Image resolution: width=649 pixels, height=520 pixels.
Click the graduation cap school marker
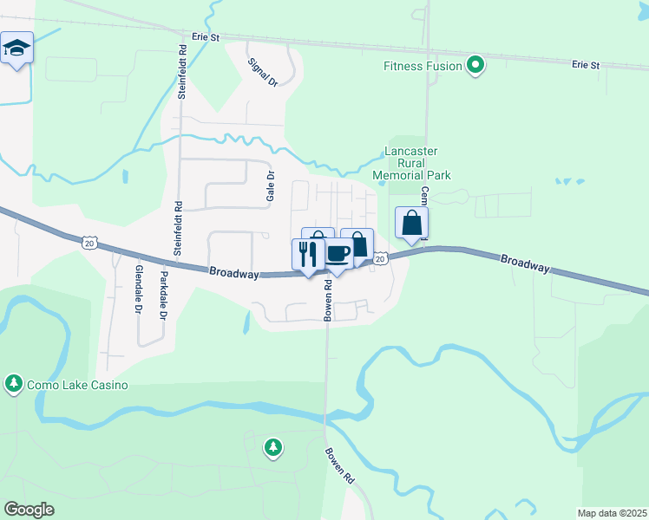pos(16,48)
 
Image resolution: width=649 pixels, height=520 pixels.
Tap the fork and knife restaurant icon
pos(307,255)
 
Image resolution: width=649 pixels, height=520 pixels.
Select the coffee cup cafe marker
pos(338,254)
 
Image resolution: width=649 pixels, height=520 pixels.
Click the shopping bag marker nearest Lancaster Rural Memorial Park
pos(411,223)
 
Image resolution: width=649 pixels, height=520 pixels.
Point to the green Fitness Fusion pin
pos(475,65)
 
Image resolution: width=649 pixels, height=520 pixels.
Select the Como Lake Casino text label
pos(78,385)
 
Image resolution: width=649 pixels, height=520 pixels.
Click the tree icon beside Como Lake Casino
pos(13,383)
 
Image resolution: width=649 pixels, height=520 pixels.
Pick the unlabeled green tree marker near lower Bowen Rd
pos(274,447)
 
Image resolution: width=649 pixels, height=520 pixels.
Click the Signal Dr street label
pos(261,73)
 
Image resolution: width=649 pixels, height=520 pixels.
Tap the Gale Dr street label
pos(270,186)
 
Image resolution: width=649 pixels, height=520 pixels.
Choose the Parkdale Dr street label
pos(162,296)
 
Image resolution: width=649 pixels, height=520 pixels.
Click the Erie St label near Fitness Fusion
pos(586,65)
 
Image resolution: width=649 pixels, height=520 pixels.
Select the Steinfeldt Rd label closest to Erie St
pos(182,73)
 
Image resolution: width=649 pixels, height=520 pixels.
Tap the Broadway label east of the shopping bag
pos(524,263)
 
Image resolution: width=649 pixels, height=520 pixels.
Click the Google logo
pos(29,510)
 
